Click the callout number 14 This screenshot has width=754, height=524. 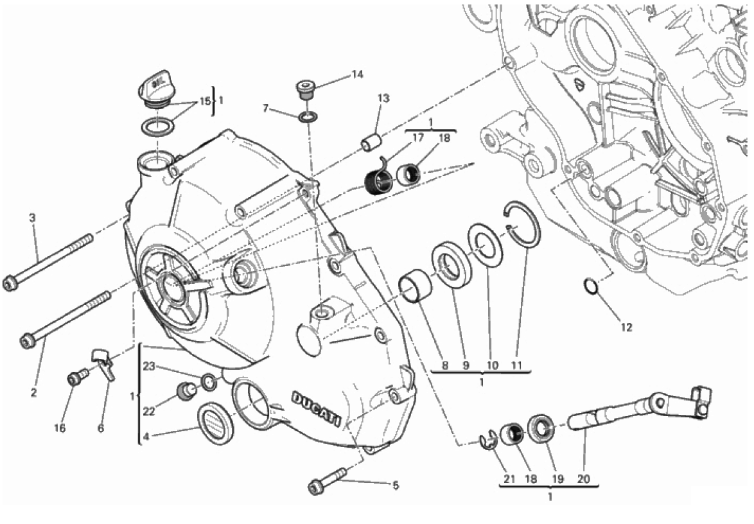pyautogui.click(x=357, y=74)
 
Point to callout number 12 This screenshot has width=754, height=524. pyautogui.click(x=626, y=327)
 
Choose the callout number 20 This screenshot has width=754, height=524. pyautogui.click(x=584, y=478)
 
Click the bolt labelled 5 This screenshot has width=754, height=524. pyautogui.click(x=328, y=483)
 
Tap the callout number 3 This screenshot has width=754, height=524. pyautogui.click(x=33, y=218)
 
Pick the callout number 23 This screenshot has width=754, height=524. pyautogui.click(x=149, y=367)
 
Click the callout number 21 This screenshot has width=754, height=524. pyautogui.click(x=509, y=478)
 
